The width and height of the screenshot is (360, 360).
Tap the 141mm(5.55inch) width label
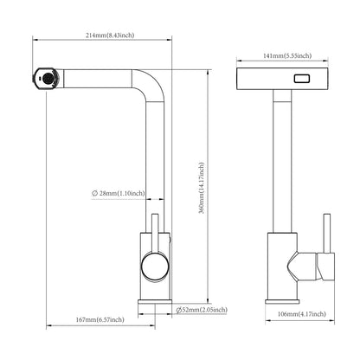point(284,54)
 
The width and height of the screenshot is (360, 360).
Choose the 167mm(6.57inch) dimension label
point(100,320)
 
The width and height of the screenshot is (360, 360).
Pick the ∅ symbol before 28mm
point(96,194)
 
